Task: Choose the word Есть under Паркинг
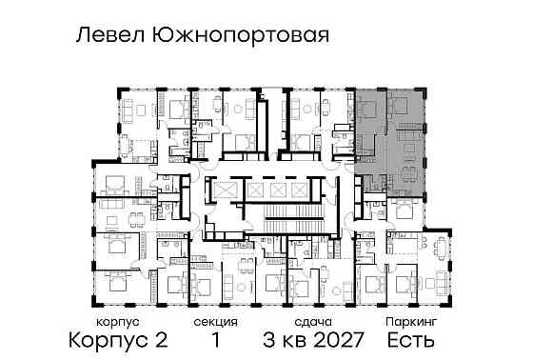pos(411,340)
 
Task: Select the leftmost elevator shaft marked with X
pos(225,190)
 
